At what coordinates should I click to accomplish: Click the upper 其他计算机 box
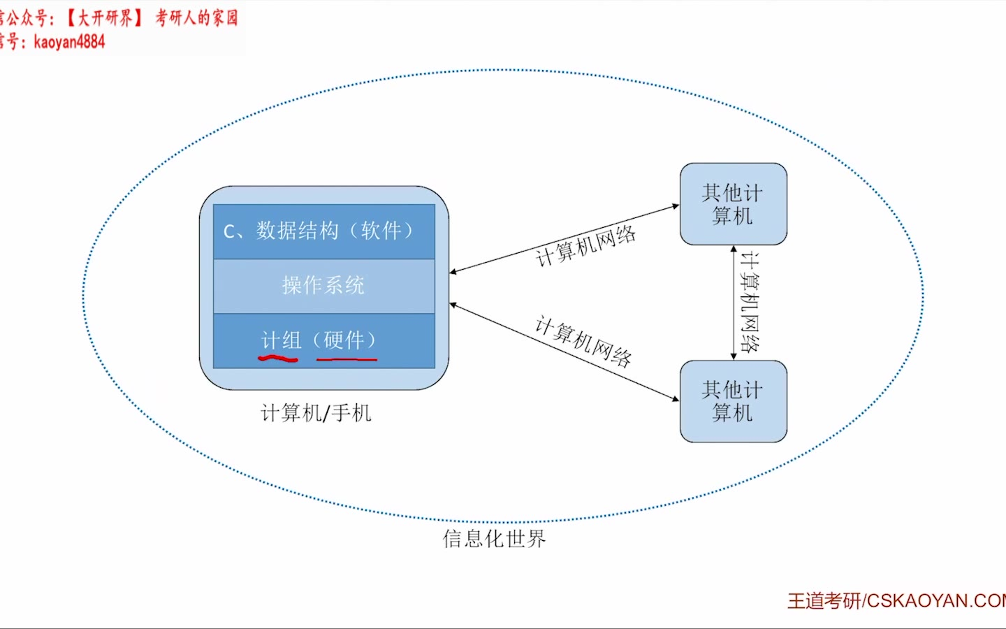(733, 204)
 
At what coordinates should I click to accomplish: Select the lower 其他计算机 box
(733, 401)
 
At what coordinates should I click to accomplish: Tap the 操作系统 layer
(323, 286)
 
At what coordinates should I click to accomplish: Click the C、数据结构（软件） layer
(323, 231)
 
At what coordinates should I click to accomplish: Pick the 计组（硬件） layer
(323, 340)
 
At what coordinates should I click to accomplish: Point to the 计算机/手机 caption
(316, 413)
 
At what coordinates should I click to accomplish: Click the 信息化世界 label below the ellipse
(494, 539)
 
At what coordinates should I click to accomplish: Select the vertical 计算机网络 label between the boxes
(750, 302)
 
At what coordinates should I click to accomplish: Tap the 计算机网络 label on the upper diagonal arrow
(585, 246)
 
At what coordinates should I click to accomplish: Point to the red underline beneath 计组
(278, 359)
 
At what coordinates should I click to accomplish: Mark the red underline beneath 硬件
(347, 359)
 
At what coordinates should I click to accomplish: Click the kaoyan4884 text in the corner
(69, 42)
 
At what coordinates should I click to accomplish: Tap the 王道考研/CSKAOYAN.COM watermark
(897, 601)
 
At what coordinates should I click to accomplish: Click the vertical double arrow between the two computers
(733, 302)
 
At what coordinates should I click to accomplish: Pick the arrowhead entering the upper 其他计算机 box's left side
(675, 206)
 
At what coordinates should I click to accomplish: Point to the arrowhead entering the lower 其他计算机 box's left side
(675, 399)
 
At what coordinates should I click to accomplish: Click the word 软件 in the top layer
(381, 231)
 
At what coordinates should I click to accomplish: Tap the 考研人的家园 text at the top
(196, 17)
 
